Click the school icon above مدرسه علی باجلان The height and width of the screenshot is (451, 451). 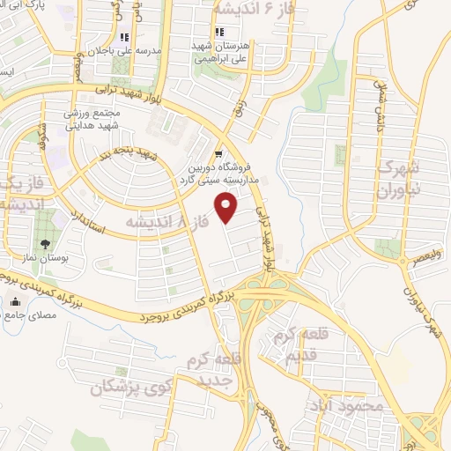(123, 38)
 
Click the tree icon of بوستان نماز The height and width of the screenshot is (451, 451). (42, 244)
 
